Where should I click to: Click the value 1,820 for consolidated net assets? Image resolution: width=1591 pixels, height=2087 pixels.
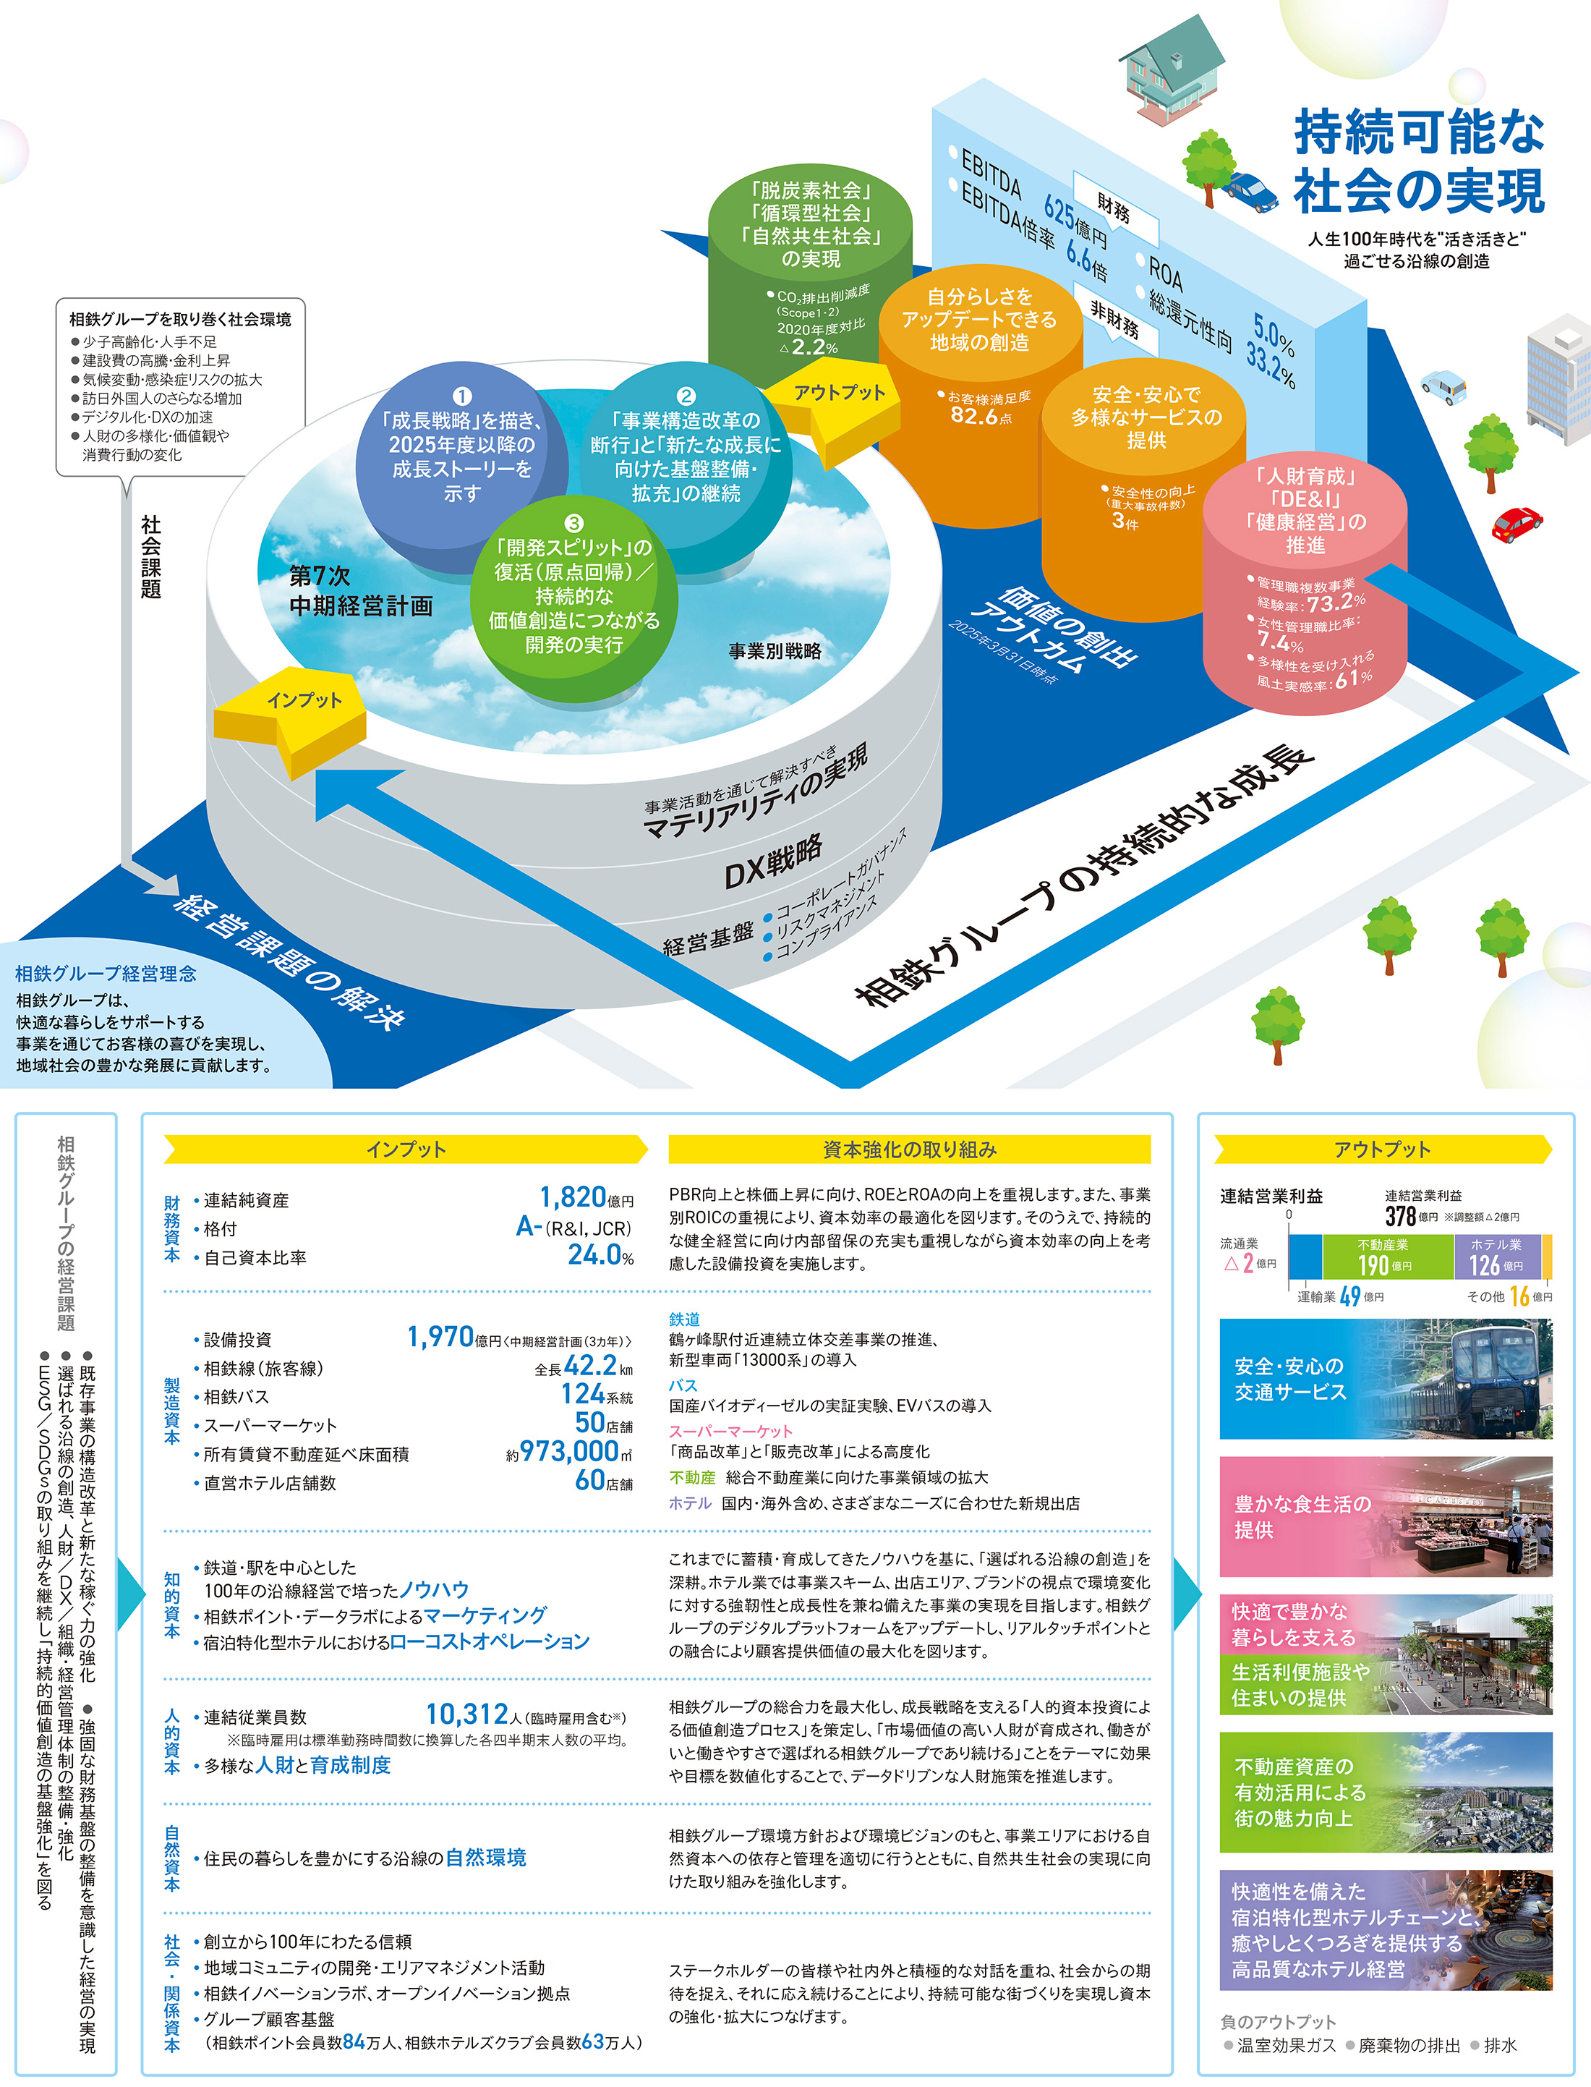(572, 1197)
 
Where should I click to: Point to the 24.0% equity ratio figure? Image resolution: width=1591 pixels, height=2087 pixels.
(600, 1255)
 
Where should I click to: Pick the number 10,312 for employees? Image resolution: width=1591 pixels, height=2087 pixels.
(467, 1714)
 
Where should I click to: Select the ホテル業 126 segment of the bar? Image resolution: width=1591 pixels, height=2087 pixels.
(1496, 1257)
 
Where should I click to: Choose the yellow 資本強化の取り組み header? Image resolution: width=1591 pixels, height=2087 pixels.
(909, 1149)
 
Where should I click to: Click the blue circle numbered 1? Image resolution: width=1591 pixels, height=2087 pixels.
(461, 446)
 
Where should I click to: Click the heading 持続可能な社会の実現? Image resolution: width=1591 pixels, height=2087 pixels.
(1419, 161)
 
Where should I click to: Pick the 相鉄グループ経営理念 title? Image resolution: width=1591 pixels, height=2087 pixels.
(106, 973)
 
